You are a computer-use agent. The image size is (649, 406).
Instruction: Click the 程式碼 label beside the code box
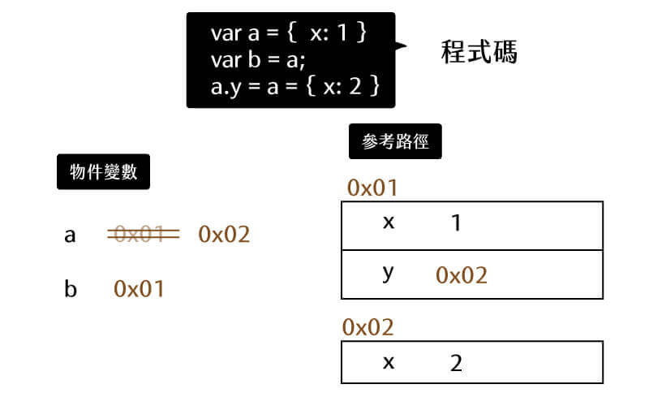pyautogui.click(x=479, y=54)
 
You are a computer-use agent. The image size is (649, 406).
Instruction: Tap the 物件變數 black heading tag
pyautogui.click(x=103, y=172)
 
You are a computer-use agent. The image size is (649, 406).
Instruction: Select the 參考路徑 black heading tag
pyautogui.click(x=395, y=141)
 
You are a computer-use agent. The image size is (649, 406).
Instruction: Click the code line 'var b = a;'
pyautogui.click(x=258, y=59)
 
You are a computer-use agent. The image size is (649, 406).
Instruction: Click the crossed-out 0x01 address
pyautogui.click(x=143, y=235)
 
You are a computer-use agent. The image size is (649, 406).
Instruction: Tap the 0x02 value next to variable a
pyautogui.click(x=224, y=235)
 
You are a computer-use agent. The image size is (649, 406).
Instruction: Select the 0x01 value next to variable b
pyautogui.click(x=139, y=288)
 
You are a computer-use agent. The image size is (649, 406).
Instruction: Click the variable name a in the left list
pyautogui.click(x=70, y=235)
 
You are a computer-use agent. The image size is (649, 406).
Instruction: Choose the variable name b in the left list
pyautogui.click(x=71, y=289)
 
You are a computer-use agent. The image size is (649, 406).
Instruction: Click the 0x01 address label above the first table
pyautogui.click(x=372, y=188)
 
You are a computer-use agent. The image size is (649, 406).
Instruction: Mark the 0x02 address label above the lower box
pyautogui.click(x=368, y=327)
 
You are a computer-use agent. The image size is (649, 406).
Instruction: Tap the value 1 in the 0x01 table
pyautogui.click(x=455, y=223)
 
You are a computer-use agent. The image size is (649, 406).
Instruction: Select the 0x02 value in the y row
pyautogui.click(x=462, y=275)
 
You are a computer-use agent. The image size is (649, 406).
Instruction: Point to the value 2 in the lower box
pyautogui.click(x=455, y=363)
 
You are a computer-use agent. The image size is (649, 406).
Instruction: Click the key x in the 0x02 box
pyautogui.click(x=389, y=361)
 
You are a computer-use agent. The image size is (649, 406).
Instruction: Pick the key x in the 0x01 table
pyautogui.click(x=389, y=222)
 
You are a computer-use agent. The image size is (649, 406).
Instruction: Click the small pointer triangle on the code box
pyautogui.click(x=400, y=47)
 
